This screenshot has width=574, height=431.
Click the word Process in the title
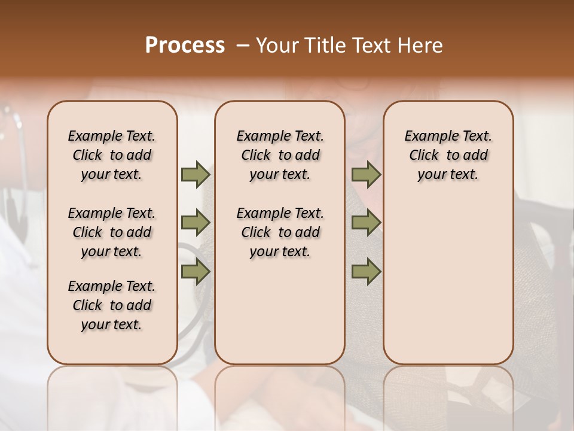click(185, 45)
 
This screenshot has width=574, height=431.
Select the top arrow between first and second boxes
click(196, 174)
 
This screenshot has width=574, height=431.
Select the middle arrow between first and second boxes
click(196, 223)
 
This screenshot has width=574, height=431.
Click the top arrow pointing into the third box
click(366, 174)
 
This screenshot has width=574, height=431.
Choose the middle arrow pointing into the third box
click(366, 223)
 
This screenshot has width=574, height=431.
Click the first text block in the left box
click(112, 155)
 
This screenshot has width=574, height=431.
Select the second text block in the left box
click(112, 232)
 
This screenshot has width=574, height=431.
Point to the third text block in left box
click(112, 305)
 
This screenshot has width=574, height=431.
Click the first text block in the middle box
click(280, 155)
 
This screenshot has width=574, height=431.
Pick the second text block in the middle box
click(280, 232)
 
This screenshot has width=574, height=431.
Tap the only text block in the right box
click(448, 155)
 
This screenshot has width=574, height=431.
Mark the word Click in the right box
click(424, 156)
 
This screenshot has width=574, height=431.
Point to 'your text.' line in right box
click(448, 175)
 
